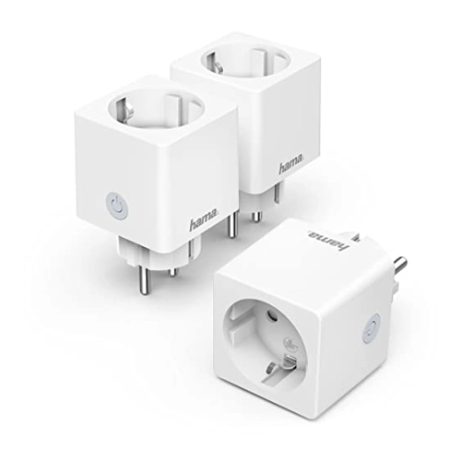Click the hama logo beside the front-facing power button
click(x=204, y=220)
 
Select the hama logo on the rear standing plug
click(x=291, y=165)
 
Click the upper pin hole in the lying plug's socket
click(x=270, y=314)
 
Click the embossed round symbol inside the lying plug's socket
click(x=287, y=343)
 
